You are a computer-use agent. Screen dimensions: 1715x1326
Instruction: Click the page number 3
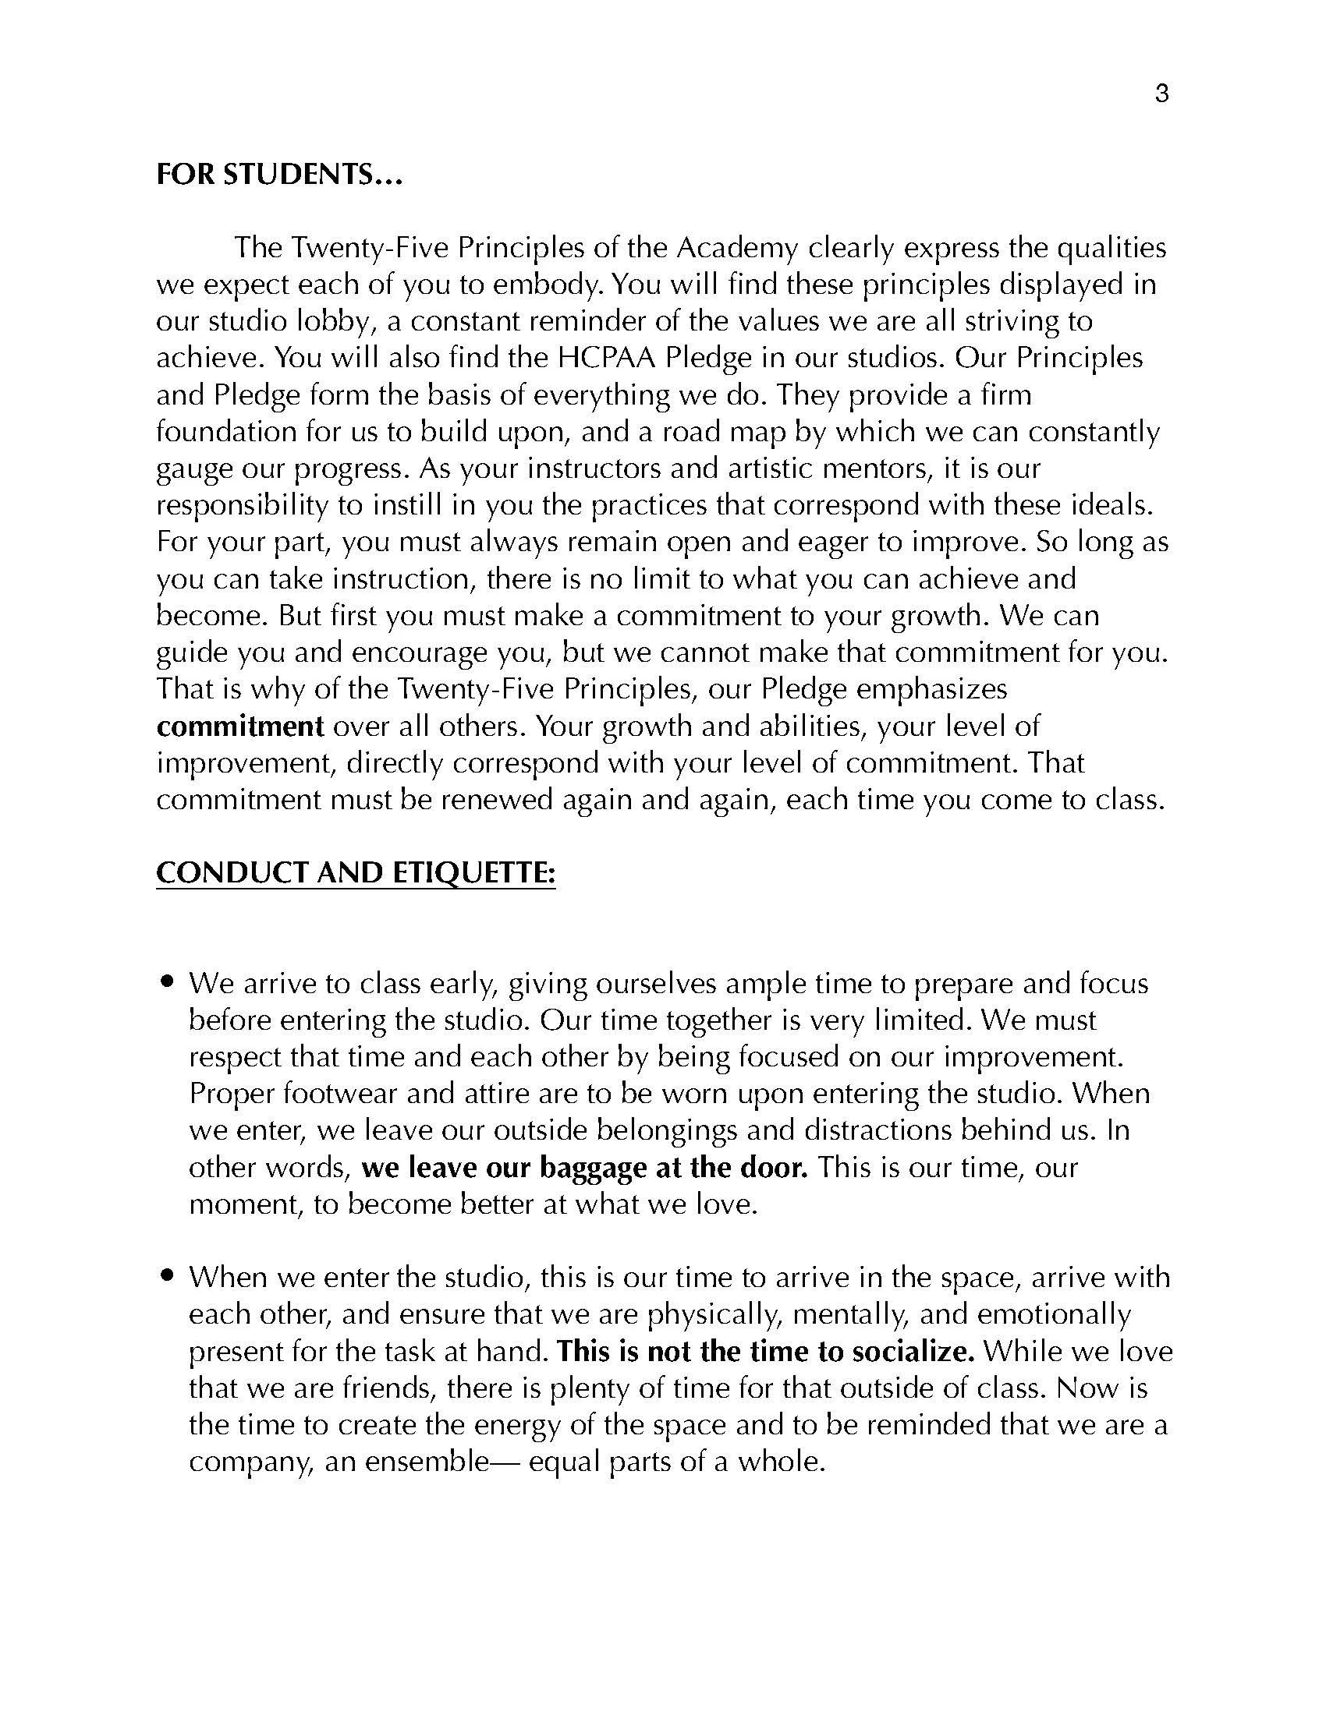coord(1162,94)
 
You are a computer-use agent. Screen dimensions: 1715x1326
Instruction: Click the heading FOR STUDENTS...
coord(279,175)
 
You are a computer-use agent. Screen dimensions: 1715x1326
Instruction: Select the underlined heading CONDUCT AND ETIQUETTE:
coord(356,873)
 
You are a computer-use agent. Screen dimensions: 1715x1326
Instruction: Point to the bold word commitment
coord(240,727)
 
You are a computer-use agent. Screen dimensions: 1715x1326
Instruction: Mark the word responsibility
coord(241,506)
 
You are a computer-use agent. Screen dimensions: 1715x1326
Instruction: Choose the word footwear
coord(362,1094)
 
